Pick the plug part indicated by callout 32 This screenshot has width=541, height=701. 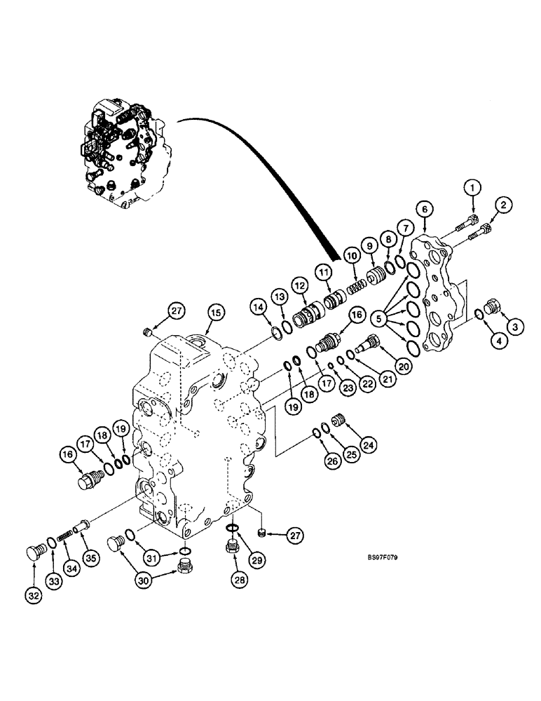34,551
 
